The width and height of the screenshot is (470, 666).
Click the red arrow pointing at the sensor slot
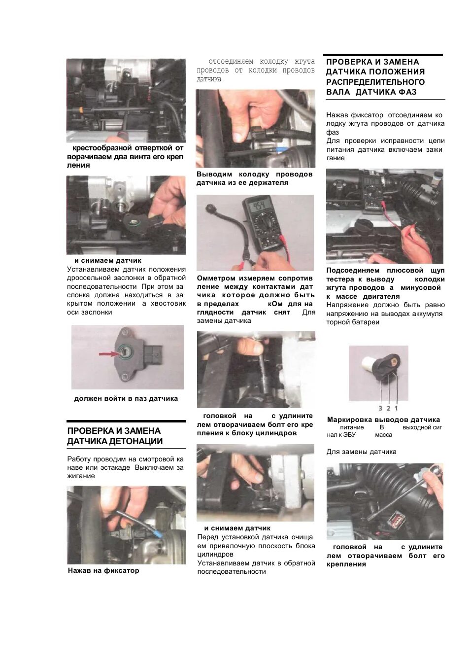pos(109,354)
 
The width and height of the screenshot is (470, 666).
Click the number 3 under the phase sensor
pos(380,408)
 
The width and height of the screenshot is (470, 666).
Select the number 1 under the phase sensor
pos(396,408)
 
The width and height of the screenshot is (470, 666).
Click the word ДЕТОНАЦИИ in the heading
pos(136,441)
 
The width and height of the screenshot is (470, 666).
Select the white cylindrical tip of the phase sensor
pos(369,362)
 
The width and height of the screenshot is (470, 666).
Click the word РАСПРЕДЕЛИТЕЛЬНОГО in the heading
pos(375,82)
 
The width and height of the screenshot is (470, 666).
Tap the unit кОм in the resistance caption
pos(275,304)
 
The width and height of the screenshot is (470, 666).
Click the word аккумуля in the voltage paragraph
pos(427,314)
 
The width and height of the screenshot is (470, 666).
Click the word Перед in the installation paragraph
pos(207,537)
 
